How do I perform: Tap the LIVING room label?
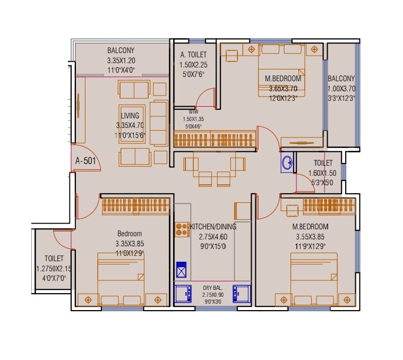(x=130, y=116)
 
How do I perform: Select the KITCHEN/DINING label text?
(x=213, y=226)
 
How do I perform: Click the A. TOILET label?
(x=193, y=55)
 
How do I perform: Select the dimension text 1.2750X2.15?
(x=53, y=269)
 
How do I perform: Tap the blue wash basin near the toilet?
(x=287, y=162)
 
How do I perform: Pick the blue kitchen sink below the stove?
(x=182, y=271)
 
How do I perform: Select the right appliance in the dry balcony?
(x=242, y=294)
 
